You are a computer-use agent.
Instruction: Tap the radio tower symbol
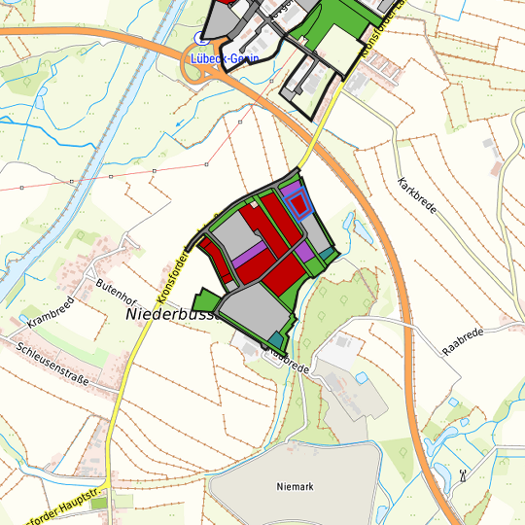(x=463, y=477)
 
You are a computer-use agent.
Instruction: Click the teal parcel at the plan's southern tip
(x=277, y=338)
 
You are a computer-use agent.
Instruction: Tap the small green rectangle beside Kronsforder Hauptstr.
(x=123, y=502)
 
